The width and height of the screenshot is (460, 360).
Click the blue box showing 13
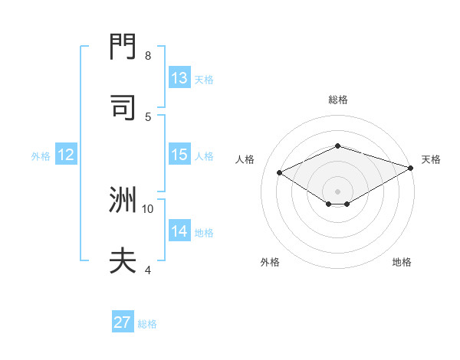click(x=179, y=78)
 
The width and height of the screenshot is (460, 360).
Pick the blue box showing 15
click(x=179, y=155)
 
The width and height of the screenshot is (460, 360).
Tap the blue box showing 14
click(x=179, y=231)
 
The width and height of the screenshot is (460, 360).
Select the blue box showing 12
click(x=66, y=155)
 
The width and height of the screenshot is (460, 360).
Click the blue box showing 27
click(x=123, y=322)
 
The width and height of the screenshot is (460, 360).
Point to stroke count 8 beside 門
click(x=148, y=56)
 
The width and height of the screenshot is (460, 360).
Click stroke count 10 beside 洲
click(x=148, y=208)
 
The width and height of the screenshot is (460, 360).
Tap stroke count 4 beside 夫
click(x=148, y=270)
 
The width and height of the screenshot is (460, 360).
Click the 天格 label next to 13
click(x=204, y=79)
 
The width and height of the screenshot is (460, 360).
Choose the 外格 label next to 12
click(x=41, y=155)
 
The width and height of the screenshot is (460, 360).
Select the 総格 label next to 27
click(x=147, y=323)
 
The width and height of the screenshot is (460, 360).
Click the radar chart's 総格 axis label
click(x=338, y=100)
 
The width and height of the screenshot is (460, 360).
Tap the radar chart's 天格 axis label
click(x=431, y=159)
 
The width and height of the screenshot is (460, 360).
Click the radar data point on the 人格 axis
click(x=280, y=172)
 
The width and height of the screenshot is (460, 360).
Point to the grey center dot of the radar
click(x=338, y=191)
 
